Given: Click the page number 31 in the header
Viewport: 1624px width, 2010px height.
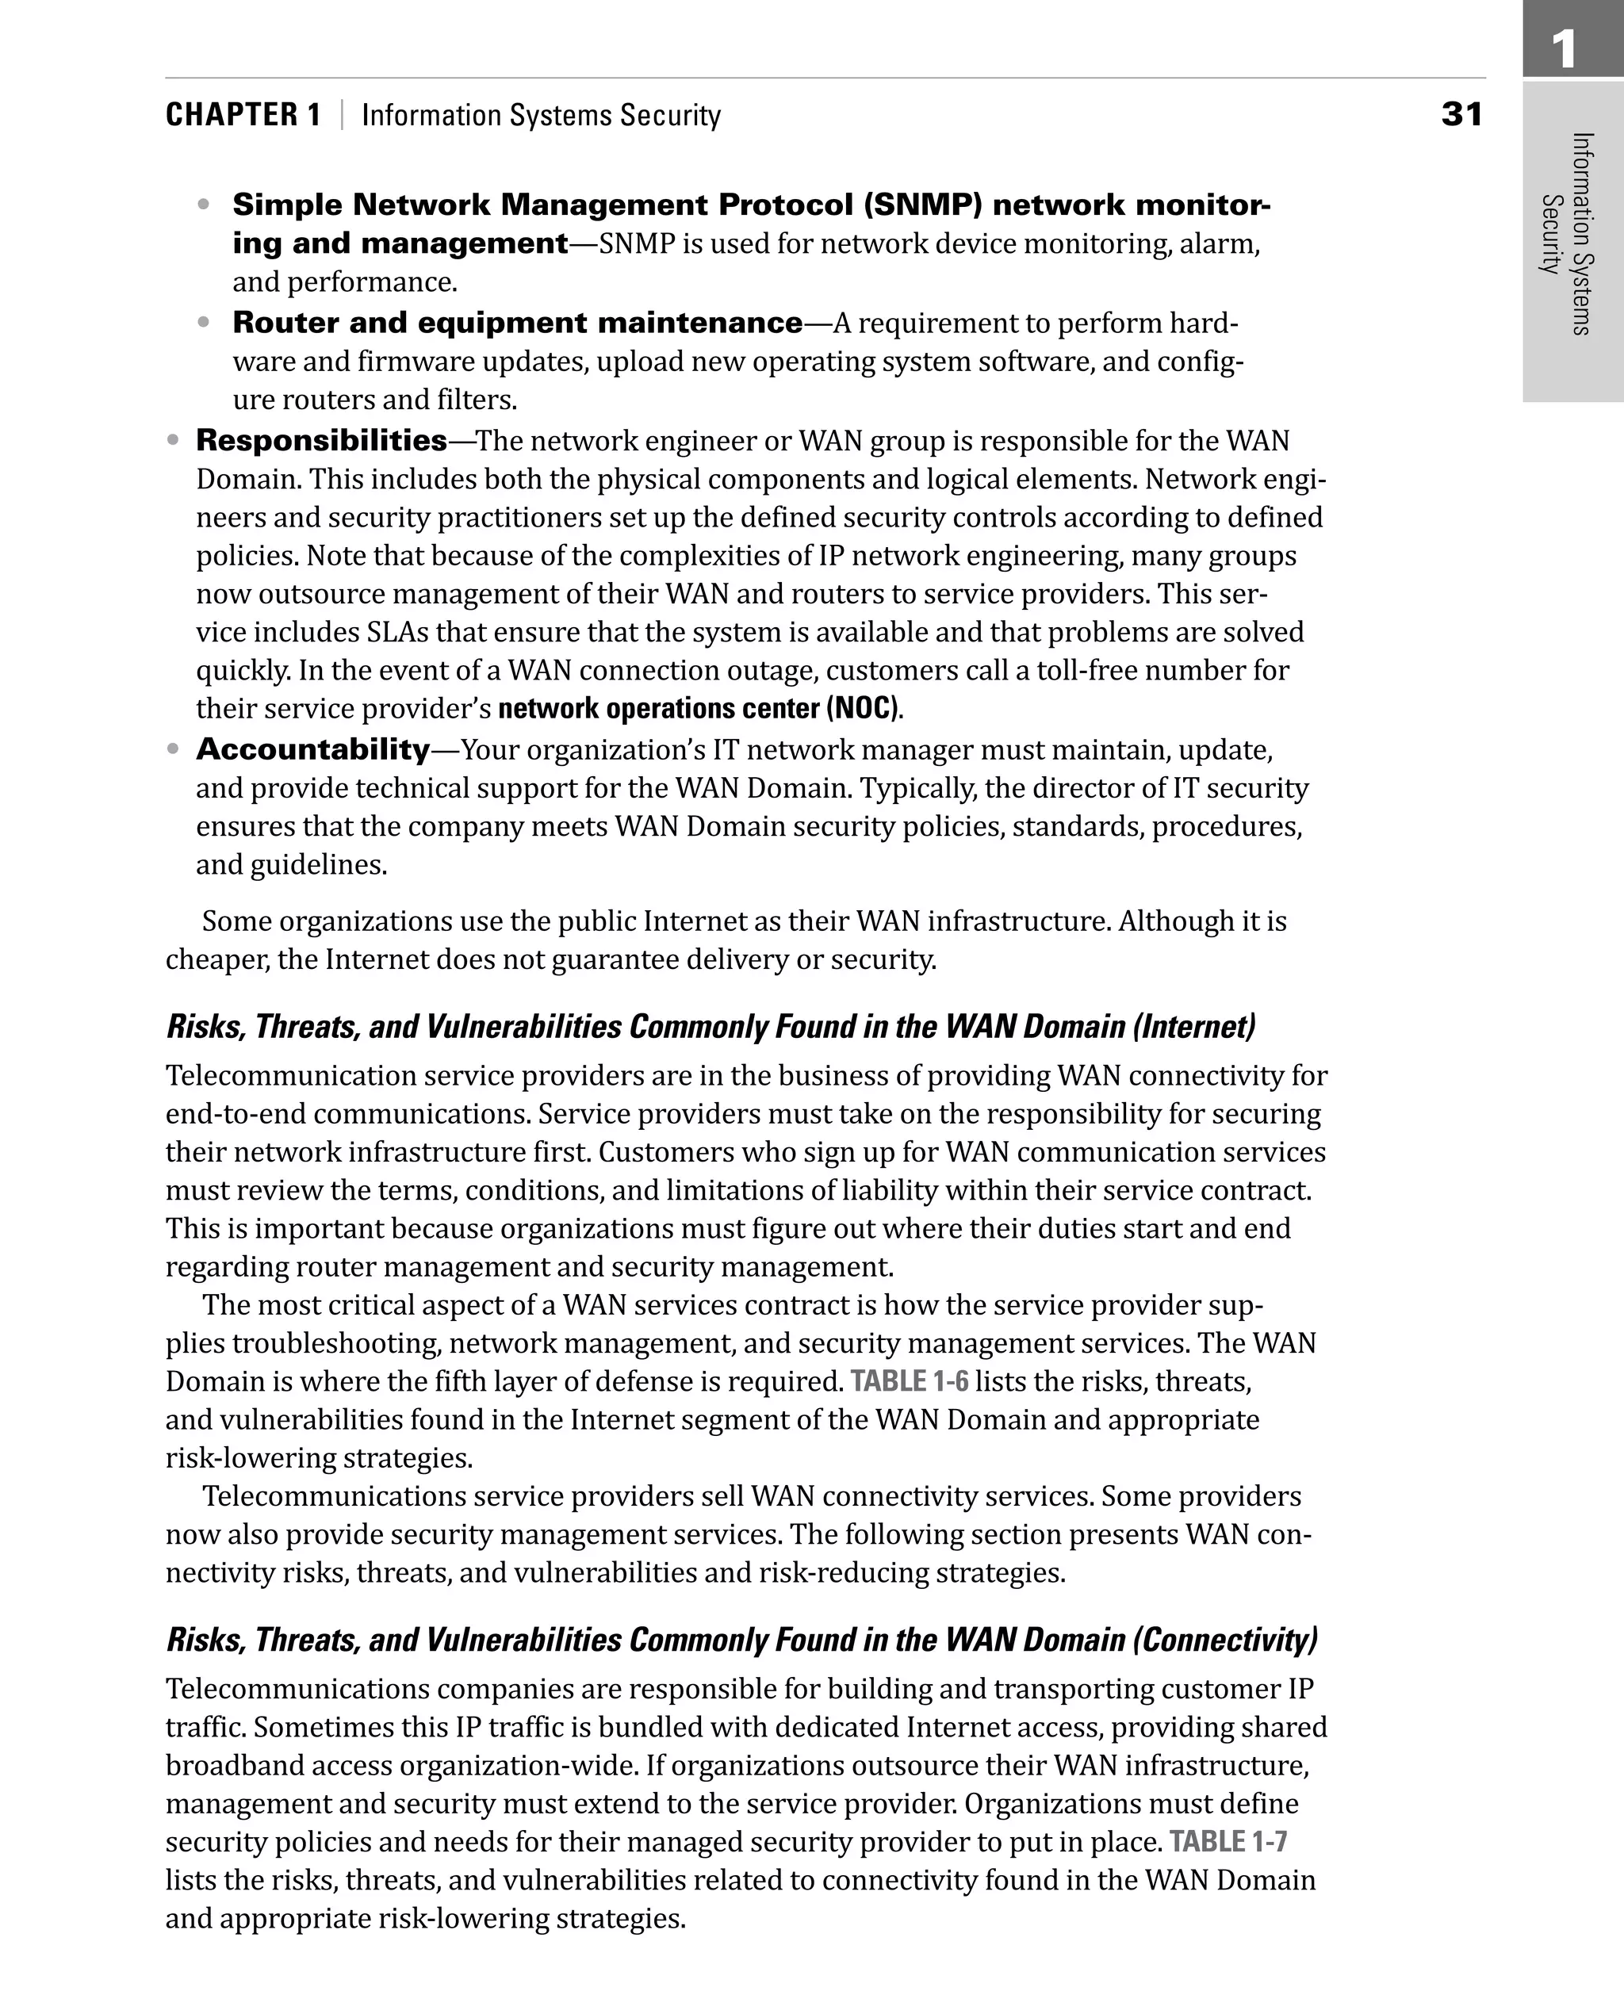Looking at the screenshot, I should pos(1461,114).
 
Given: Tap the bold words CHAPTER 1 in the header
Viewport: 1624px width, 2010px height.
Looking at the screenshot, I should pos(243,115).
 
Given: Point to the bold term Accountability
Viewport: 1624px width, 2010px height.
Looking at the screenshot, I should pos(312,749).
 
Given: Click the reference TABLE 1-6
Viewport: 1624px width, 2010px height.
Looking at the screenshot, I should pos(909,1381).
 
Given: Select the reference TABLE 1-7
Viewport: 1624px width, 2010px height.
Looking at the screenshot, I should pos(1228,1842).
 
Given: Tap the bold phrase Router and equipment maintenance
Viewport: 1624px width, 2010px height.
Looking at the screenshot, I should pos(517,323).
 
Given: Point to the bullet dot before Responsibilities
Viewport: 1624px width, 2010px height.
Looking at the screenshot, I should pos(172,439).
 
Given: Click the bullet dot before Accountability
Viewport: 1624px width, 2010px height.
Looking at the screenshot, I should pos(172,749).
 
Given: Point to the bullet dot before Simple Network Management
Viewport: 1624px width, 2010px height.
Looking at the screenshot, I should pos(204,204).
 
